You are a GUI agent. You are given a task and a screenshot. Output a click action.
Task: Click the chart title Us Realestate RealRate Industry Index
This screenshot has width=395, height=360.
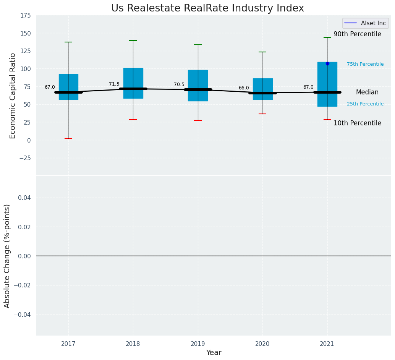(x=207, y=8)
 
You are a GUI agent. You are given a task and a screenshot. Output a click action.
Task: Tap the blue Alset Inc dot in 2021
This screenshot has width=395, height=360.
(x=327, y=63)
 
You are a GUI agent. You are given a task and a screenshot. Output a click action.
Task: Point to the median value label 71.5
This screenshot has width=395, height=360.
(x=114, y=84)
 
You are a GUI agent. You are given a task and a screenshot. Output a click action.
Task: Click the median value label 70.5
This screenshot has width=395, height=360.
(x=179, y=84)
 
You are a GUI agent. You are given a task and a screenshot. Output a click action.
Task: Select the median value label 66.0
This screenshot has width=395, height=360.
(x=244, y=88)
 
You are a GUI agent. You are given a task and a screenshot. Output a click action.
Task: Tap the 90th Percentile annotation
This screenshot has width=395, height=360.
(x=357, y=34)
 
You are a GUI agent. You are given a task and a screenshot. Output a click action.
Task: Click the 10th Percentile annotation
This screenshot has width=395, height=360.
(x=357, y=123)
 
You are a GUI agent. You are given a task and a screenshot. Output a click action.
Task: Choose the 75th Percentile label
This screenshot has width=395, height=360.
(x=365, y=64)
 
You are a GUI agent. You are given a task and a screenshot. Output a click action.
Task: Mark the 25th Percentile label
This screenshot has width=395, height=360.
(x=365, y=104)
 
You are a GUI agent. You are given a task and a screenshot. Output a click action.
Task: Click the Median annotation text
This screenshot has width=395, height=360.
(x=367, y=92)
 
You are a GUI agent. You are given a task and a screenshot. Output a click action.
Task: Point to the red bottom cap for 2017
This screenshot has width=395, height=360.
(x=68, y=138)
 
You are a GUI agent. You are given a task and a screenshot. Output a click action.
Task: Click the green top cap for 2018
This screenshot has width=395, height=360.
(x=133, y=41)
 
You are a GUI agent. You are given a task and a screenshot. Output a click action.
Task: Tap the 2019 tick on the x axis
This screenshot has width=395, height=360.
(x=198, y=344)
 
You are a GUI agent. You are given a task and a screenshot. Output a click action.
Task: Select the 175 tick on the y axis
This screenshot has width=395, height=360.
(x=26, y=16)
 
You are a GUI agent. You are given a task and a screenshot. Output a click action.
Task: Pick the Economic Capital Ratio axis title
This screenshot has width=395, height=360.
(x=13, y=96)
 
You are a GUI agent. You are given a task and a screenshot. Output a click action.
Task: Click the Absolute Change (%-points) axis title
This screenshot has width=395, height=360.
(x=7, y=256)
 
